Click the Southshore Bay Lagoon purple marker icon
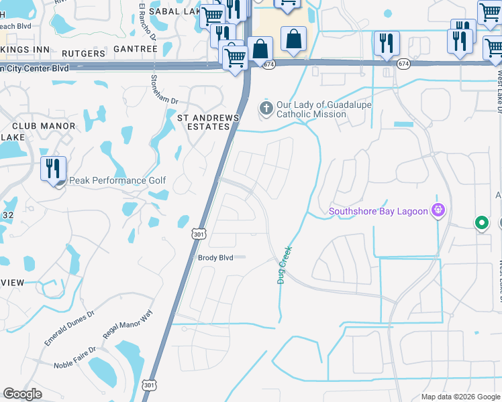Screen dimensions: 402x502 (x=438, y=211)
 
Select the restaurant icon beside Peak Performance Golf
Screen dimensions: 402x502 (x=53, y=168)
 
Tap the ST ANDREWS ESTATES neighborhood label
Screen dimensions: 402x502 (x=208, y=123)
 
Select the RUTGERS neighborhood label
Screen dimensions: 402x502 (x=83, y=53)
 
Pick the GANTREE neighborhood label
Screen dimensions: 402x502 (x=135, y=49)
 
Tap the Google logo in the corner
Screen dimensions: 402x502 (x=22, y=394)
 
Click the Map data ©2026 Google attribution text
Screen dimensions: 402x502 (x=460, y=397)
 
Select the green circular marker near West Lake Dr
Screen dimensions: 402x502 (x=481, y=222)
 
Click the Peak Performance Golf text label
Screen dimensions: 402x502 (x=117, y=180)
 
